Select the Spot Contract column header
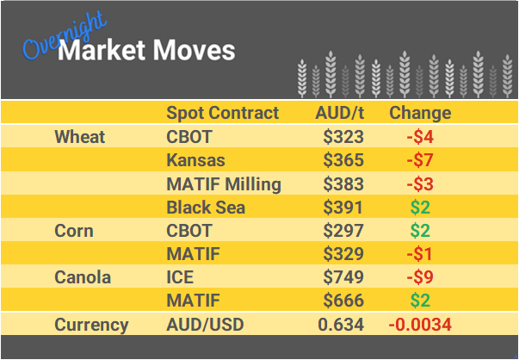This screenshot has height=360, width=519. pyautogui.click(x=222, y=113)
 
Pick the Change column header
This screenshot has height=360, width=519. pyautogui.click(x=420, y=113)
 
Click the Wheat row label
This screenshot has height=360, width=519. pyautogui.click(x=79, y=137)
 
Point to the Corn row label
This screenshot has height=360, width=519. pyautogui.click(x=74, y=231)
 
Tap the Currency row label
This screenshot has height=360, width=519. pyautogui.click(x=91, y=325)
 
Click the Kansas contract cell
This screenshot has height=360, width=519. pyautogui.click(x=195, y=160)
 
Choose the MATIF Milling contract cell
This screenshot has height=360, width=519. pyautogui.click(x=223, y=183)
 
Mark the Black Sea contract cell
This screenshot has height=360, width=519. pyautogui.click(x=206, y=207)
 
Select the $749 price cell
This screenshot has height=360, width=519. pyautogui.click(x=343, y=277)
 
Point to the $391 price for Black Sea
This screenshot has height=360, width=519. pyautogui.click(x=343, y=207)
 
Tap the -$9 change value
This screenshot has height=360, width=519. pyautogui.click(x=421, y=277)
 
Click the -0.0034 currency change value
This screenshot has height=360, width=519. pyautogui.click(x=420, y=325)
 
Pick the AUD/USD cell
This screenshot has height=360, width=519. pyautogui.click(x=205, y=325)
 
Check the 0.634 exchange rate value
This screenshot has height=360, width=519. pyautogui.click(x=341, y=325)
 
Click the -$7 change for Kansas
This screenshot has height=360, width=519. pyautogui.click(x=421, y=160)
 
